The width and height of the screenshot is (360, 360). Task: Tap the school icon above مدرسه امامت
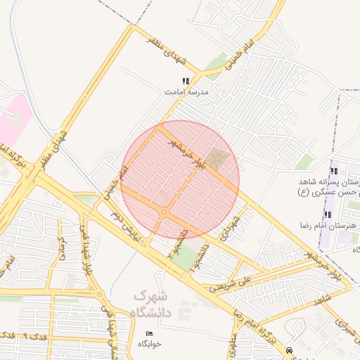(186, 82)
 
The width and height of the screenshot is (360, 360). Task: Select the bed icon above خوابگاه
(149, 333)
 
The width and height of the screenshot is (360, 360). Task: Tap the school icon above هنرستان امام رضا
(327, 214)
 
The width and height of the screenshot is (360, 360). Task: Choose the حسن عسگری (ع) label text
(326, 192)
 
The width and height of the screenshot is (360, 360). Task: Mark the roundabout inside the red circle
(165, 211)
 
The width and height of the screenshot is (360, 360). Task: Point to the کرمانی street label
(61, 247)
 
